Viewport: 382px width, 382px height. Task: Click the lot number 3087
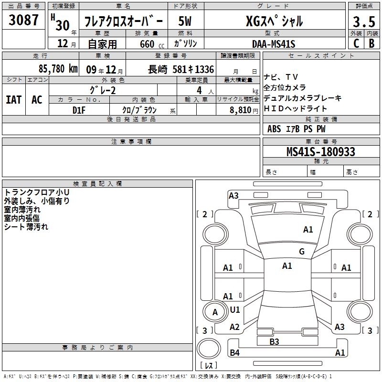(23, 20)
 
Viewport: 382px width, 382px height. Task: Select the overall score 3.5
(364, 21)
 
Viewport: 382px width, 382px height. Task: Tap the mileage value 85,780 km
(58, 69)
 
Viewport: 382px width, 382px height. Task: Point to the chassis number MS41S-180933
(321, 151)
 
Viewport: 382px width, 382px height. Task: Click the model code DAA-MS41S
(274, 44)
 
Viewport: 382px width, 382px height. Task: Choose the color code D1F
(79, 110)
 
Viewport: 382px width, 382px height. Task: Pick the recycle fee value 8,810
(240, 110)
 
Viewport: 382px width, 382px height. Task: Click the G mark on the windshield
(302, 251)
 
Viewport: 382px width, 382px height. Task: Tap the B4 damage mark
(234, 352)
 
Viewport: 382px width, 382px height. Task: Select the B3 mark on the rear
(274, 341)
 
